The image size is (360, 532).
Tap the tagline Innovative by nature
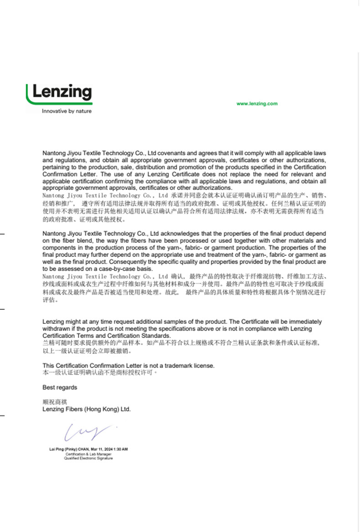(x=67, y=111)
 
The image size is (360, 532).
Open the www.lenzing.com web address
(x=257, y=104)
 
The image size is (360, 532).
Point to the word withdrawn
(x=57, y=328)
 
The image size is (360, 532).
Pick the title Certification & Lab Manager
(x=88, y=454)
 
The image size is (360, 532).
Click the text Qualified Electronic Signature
(x=88, y=458)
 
